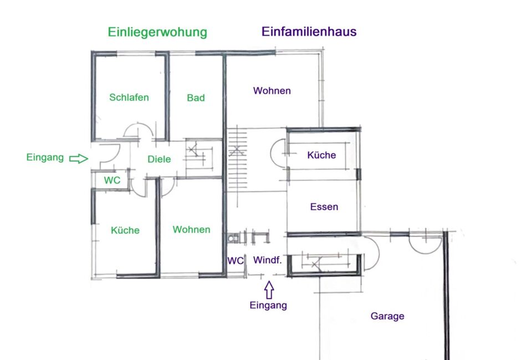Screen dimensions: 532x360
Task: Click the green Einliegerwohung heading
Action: (157, 32)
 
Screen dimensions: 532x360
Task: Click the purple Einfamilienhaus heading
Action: (309, 32)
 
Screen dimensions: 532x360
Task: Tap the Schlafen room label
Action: (129, 97)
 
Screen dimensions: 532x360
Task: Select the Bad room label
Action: (196, 97)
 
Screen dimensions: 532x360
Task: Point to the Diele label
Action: (159, 159)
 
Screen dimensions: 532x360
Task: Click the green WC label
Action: (112, 180)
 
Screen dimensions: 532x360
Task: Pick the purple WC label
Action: (236, 261)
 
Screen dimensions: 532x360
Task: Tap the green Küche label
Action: (125, 230)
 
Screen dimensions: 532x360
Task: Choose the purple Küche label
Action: (321, 155)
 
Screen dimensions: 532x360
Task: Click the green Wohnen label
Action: (191, 229)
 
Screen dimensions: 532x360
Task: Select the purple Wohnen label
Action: (272, 90)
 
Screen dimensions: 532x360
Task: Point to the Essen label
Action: (324, 207)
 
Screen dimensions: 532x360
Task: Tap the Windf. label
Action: (267, 260)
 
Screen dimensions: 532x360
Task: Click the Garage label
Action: (387, 316)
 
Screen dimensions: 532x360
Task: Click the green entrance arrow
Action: (79, 158)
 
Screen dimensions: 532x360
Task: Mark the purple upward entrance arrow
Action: (269, 290)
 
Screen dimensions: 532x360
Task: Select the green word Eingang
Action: (45, 158)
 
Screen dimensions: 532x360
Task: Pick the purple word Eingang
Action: (268, 305)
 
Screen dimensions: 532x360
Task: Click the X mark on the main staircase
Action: (237, 151)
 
